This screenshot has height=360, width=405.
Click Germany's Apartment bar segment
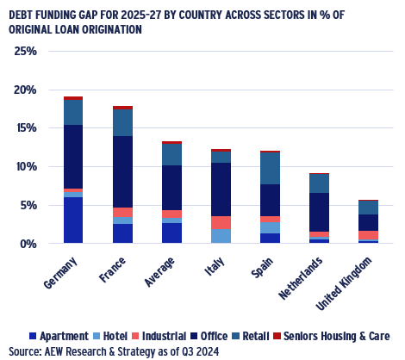[73, 220]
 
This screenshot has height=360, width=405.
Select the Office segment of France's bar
[122, 171]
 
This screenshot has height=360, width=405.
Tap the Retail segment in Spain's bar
[270, 168]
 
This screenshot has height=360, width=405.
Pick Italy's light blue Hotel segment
[221, 236]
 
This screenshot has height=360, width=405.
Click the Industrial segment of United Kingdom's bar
[369, 235]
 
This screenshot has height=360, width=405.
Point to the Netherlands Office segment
[320, 212]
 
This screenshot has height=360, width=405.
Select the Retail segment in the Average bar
[171, 154]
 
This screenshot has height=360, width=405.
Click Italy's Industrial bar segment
[221, 222]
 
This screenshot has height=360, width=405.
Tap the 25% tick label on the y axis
[26, 52]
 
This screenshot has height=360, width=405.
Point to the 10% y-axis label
[26, 167]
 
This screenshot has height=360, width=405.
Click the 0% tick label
[28, 245]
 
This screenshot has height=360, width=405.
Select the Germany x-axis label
[61, 273]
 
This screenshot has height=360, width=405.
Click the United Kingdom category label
[344, 283]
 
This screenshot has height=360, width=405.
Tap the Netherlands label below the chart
[301, 278]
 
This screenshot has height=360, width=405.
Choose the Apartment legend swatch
[33, 336]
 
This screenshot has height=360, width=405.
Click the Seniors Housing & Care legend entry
[331, 336]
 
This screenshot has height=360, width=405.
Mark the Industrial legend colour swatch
[135, 336]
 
